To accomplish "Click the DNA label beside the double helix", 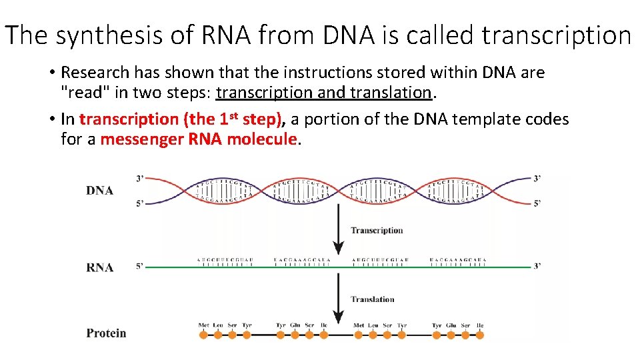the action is coord(99,191).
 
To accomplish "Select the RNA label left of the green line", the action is coord(99,267).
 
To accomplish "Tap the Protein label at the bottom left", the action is coord(106,333).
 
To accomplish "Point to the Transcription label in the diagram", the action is coord(377,231).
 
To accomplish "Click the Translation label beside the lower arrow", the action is coord(373,299).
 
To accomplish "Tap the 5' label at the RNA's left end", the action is coord(140,266).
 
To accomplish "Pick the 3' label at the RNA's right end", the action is coord(537,266).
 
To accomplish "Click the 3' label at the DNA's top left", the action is coord(140,179).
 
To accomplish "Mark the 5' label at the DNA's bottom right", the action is coord(537,203).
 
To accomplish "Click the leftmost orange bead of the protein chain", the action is coord(203,335).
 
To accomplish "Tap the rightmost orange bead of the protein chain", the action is coord(481,335).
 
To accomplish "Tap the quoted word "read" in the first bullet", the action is coord(81,92).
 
